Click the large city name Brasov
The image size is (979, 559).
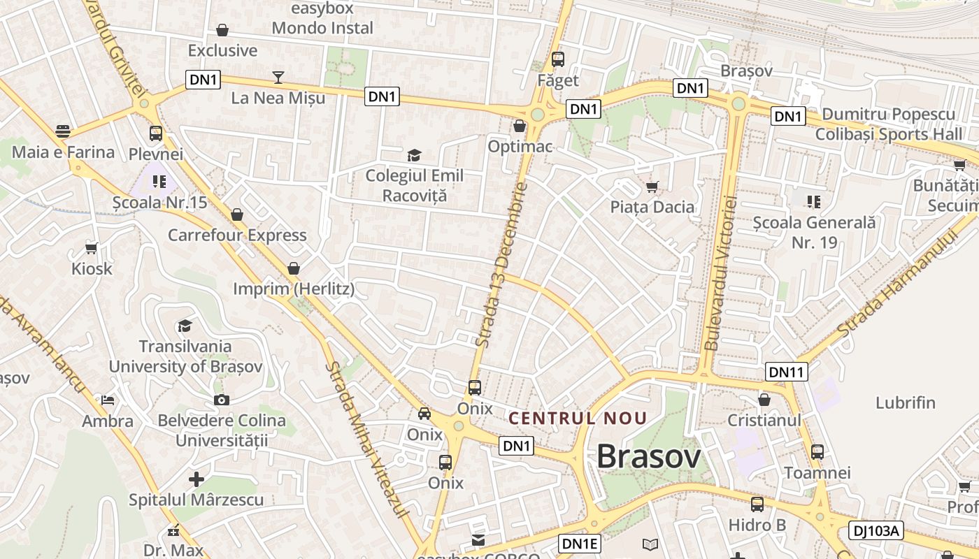pos(648,458)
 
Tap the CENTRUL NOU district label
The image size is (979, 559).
pos(578,419)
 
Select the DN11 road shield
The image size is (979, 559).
pos(787,372)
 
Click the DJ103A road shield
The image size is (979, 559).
pos(876,531)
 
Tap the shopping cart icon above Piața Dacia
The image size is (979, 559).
pos(652,187)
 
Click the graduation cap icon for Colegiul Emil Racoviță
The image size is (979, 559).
pos(415,154)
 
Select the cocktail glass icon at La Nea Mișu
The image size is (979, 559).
pos(278,77)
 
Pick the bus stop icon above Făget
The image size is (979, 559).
pos(557,59)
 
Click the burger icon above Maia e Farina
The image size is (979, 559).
pos(63,131)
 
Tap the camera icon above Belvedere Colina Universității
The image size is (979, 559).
pos(221,400)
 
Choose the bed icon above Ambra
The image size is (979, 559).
pos(108,400)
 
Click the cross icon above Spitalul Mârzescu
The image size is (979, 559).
pos(196,479)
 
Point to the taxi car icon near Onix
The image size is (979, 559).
pos(424,413)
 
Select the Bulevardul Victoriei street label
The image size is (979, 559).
pos(722,273)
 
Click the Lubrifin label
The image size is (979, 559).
pos(906,402)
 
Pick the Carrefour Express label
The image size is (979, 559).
pos(237,235)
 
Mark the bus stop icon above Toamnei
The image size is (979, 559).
pos(817,451)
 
